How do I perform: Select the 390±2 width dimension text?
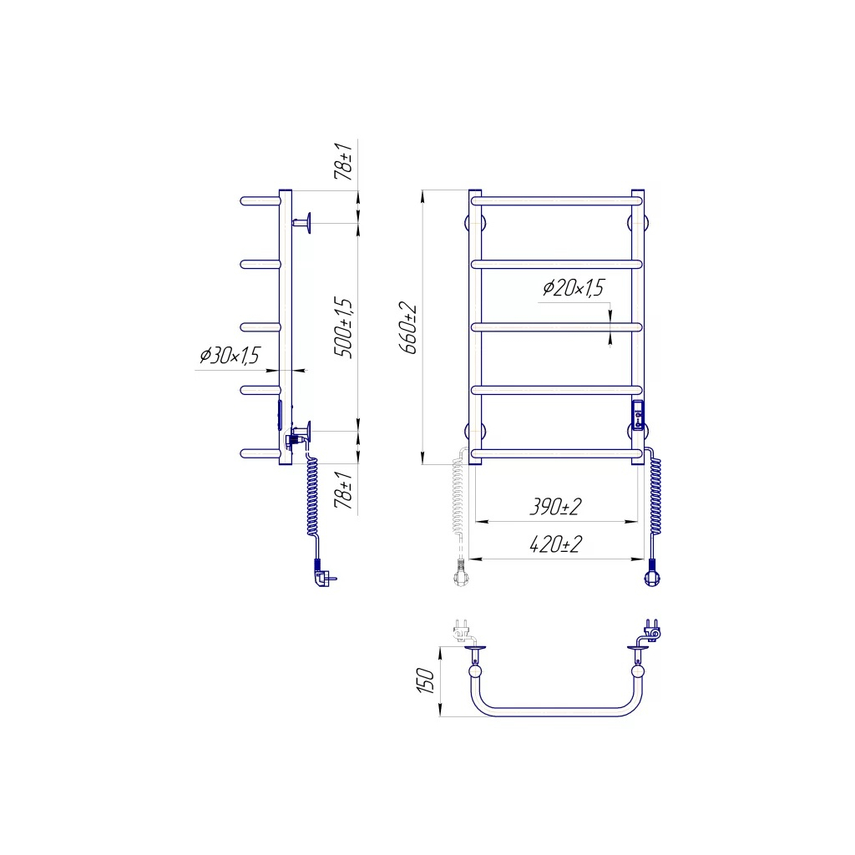(555, 507)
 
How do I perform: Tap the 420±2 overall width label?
(555, 544)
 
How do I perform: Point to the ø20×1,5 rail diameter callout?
(574, 287)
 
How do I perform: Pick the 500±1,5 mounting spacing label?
(343, 327)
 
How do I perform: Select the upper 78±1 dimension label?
(343, 161)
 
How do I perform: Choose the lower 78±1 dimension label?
(343, 490)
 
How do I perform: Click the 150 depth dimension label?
(426, 680)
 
